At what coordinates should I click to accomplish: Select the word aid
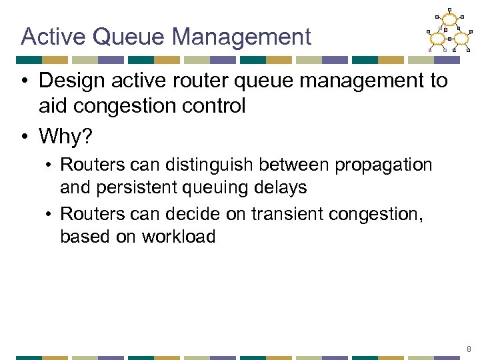pos(53,106)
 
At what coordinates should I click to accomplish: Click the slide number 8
pos(468,348)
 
